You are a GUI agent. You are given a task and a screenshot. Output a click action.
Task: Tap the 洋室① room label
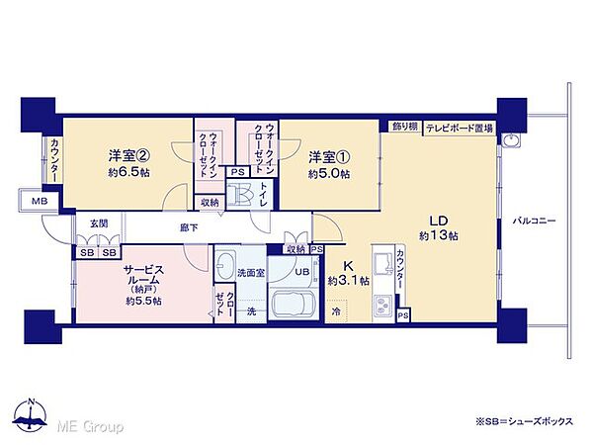(327, 156)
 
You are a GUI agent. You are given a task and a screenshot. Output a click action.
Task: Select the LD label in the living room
(439, 219)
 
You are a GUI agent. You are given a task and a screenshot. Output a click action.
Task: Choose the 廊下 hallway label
(187, 226)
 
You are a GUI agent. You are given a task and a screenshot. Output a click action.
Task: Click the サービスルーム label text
(142, 275)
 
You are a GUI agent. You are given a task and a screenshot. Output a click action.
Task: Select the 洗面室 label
(250, 271)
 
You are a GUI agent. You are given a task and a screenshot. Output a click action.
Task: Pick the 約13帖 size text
(438, 235)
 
